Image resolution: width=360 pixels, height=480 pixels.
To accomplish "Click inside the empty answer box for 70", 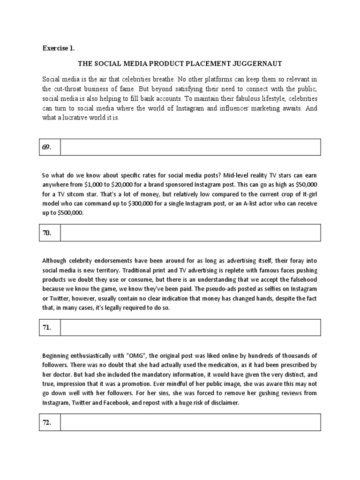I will [x=189, y=232].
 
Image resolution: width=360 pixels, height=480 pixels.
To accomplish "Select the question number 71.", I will [x=47, y=328].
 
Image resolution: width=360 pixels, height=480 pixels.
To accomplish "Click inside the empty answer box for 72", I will [x=189, y=422].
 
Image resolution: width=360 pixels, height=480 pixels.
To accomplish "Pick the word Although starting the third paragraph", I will [x=56, y=261].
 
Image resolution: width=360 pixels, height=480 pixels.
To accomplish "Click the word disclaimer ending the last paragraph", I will [x=223, y=404].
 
